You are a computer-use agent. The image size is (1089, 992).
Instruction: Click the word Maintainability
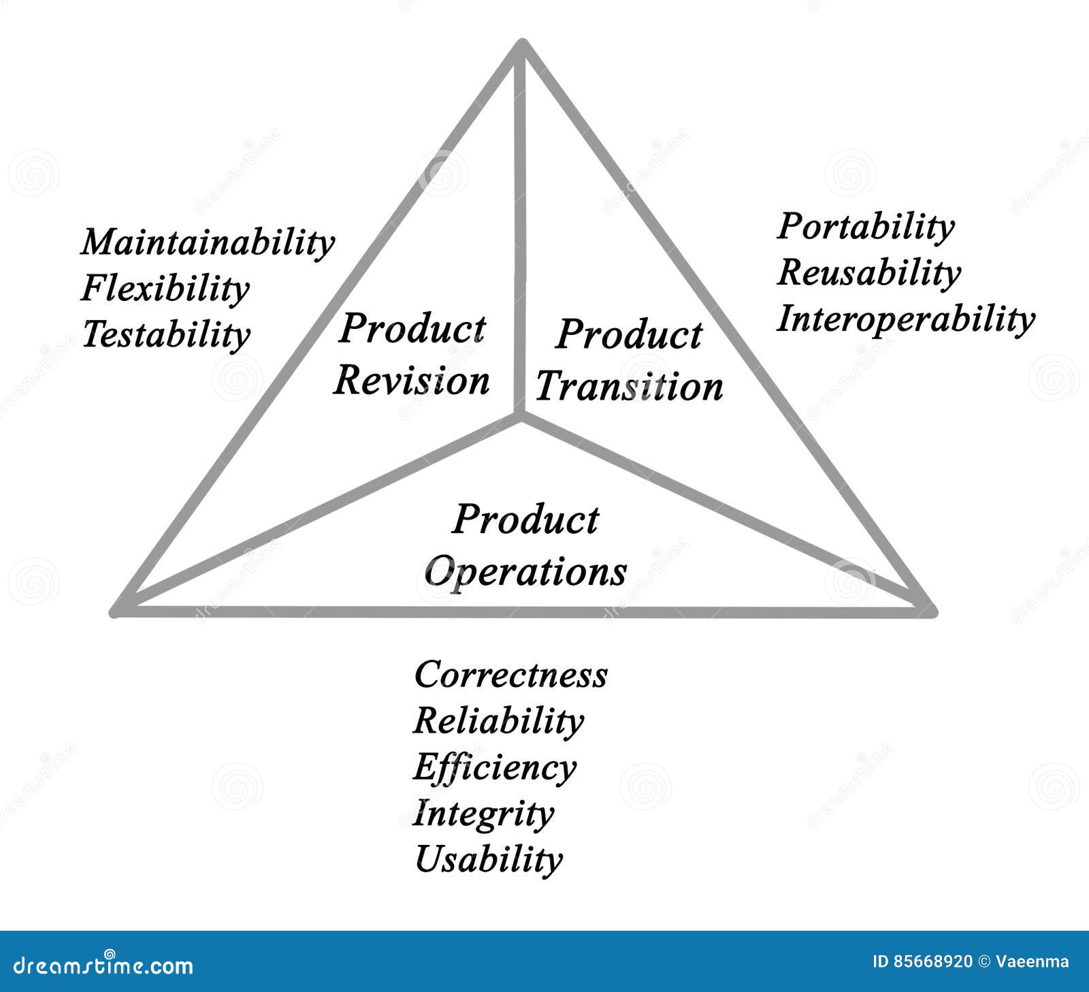tap(208, 242)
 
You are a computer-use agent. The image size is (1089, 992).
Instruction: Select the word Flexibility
tap(165, 289)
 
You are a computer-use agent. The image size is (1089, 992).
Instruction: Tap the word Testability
tap(166, 334)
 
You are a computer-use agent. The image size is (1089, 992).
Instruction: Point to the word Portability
tap(865, 227)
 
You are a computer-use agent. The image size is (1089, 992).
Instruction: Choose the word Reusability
tap(868, 273)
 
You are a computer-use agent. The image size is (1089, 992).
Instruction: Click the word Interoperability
tap(905, 319)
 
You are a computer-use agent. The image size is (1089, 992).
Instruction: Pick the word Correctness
tap(510, 675)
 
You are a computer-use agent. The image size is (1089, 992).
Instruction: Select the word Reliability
tap(498, 721)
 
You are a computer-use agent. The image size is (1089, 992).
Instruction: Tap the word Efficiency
tap(495, 767)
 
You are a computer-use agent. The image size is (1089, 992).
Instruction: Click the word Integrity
tap(483, 814)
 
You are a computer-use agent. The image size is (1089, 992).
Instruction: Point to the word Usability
tap(489, 859)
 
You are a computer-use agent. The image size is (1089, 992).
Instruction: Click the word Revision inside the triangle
tap(412, 381)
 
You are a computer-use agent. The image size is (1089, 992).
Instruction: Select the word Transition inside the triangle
tap(629, 387)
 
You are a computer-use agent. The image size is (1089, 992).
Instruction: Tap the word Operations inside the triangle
tap(525, 571)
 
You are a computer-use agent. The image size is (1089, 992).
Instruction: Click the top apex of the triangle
tap(521, 44)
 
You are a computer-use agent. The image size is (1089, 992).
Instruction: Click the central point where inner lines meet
tap(521, 417)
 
